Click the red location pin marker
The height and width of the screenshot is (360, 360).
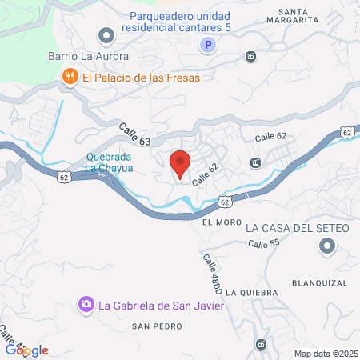point(180,163)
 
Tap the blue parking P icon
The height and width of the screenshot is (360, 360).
point(207,46)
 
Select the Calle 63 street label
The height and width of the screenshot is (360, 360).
point(135,133)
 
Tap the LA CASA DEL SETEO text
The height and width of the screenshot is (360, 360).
point(298,229)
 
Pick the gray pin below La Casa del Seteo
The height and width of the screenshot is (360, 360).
point(326,249)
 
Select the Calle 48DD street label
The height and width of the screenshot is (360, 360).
point(211,272)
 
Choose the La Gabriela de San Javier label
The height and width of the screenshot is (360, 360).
point(161,304)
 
